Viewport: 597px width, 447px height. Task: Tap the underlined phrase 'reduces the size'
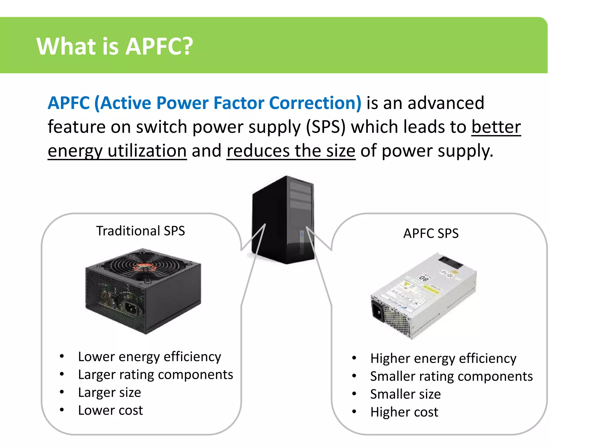[291, 151]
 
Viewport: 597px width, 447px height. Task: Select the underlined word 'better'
[496, 127]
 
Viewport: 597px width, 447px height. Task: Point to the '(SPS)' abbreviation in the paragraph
[326, 127]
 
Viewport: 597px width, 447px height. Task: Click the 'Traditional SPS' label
[141, 231]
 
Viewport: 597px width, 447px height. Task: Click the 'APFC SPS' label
[431, 233]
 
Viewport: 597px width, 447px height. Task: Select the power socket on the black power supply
[131, 308]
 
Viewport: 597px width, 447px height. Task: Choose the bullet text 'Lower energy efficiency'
[150, 357]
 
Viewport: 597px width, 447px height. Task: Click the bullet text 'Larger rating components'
[155, 375]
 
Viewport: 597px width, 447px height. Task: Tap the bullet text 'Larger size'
[110, 393]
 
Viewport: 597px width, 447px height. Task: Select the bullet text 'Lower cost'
[110, 410]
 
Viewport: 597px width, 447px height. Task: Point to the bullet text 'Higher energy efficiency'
[443, 359]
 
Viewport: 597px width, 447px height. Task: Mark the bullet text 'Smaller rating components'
[451, 377]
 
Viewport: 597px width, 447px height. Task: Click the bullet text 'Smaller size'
[405, 394]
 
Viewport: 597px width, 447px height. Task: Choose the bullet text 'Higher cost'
[404, 412]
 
